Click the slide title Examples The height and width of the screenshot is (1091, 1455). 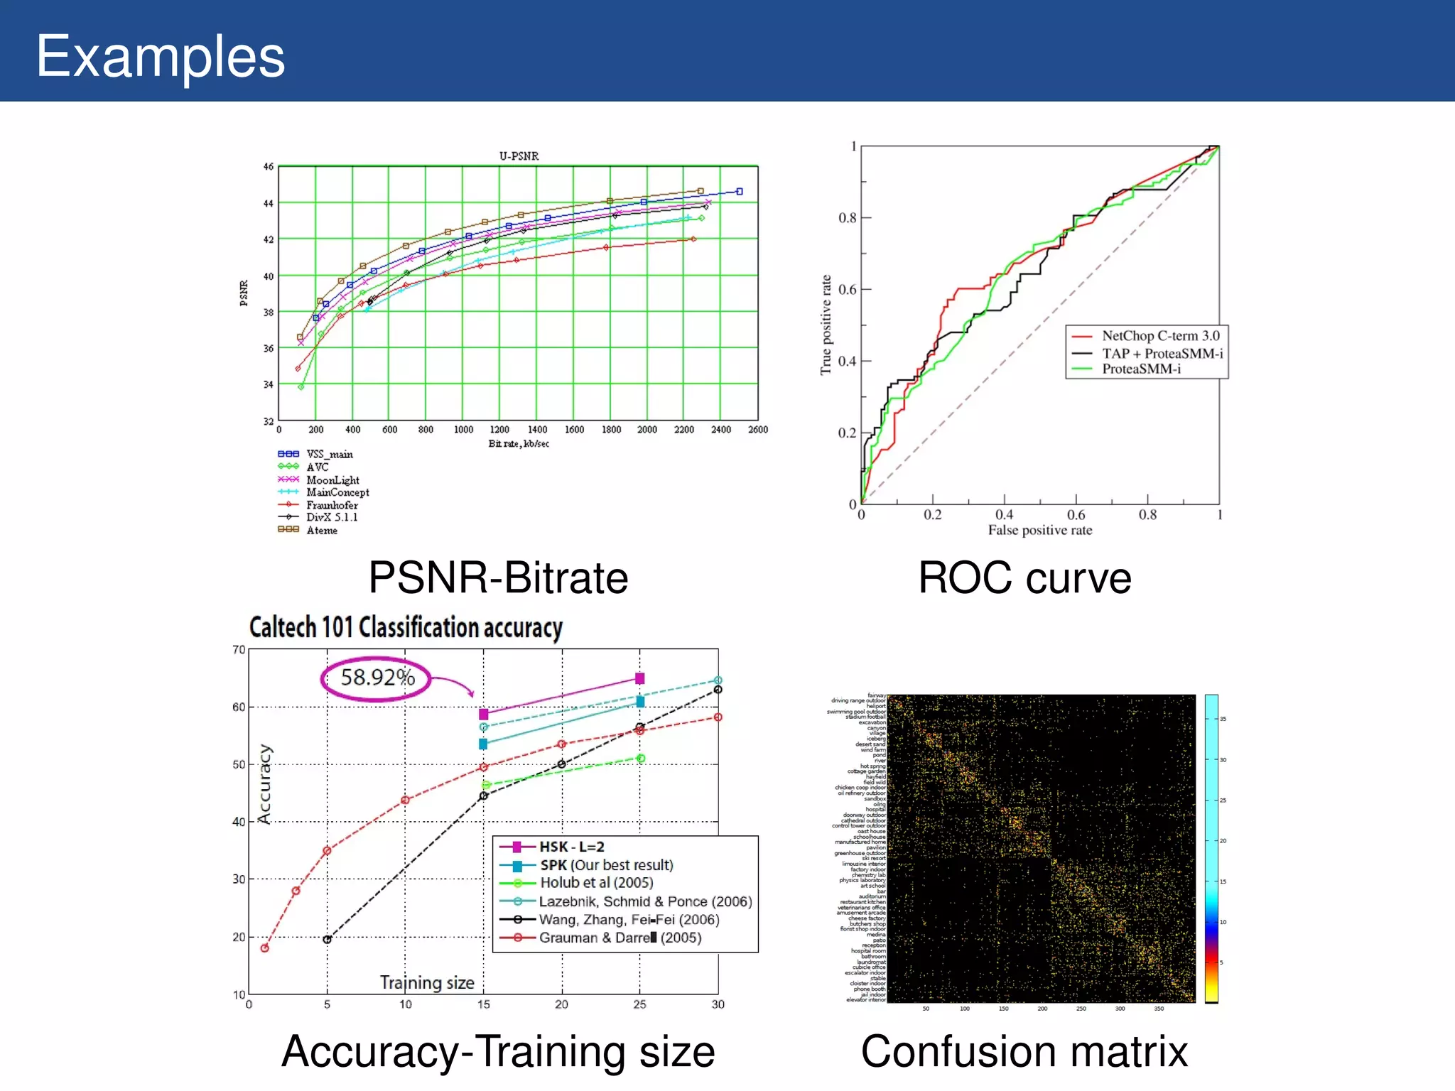coord(161,56)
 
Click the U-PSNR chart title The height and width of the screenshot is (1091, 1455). coord(519,156)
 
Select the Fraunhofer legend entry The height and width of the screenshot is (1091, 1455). coord(332,505)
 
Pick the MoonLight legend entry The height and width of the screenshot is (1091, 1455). coord(332,480)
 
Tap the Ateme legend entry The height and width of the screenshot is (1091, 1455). coord(322,531)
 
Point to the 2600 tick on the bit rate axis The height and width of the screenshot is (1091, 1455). coord(757,430)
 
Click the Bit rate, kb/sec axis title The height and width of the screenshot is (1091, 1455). coord(519,444)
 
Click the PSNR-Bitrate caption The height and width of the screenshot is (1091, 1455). coord(498,577)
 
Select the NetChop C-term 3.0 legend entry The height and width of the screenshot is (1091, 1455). coord(1160,336)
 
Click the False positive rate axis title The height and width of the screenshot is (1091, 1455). coord(1039,530)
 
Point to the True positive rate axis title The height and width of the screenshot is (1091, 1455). coord(826,325)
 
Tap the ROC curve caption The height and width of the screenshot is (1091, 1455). coord(1024,577)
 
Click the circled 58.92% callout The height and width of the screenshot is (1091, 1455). coord(377,678)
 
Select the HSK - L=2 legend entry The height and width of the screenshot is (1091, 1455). coord(571,847)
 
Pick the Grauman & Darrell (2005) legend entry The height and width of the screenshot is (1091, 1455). coord(620,938)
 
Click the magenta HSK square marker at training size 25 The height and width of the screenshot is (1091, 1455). coord(639,678)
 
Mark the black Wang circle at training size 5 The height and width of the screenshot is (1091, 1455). coord(327,940)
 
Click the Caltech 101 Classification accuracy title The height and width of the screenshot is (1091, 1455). coord(406,628)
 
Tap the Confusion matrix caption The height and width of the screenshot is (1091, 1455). coord(1024,1051)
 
